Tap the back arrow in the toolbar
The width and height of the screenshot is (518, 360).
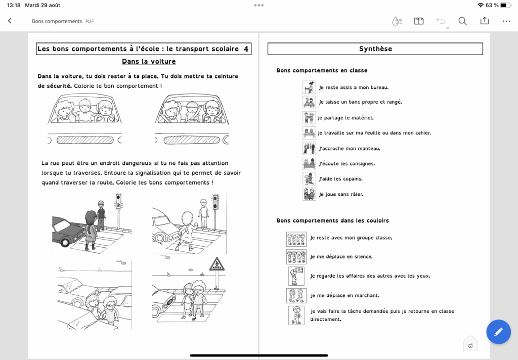(10, 21)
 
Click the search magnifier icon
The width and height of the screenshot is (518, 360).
(462, 21)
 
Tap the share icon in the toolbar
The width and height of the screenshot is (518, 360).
(485, 21)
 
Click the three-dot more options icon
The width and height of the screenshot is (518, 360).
(506, 21)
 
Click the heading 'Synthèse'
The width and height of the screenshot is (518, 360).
(375, 49)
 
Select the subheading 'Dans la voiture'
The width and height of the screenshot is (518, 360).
(149, 62)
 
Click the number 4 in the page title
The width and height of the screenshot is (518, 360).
(246, 49)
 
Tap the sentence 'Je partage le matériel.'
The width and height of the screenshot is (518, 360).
(346, 118)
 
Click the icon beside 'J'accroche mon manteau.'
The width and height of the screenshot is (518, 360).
(309, 148)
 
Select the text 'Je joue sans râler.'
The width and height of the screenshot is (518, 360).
(341, 194)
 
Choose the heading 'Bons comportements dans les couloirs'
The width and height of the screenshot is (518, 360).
(332, 221)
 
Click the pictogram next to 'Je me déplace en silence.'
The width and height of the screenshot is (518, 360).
(296, 257)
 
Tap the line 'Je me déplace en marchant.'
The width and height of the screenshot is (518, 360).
(344, 295)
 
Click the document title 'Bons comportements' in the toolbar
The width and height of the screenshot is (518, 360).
(57, 21)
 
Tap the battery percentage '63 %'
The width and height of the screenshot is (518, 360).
(492, 5)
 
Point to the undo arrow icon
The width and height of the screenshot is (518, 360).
(441, 21)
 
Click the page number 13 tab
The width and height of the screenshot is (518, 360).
(470, 345)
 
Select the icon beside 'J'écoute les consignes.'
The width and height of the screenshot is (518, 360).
(309, 163)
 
